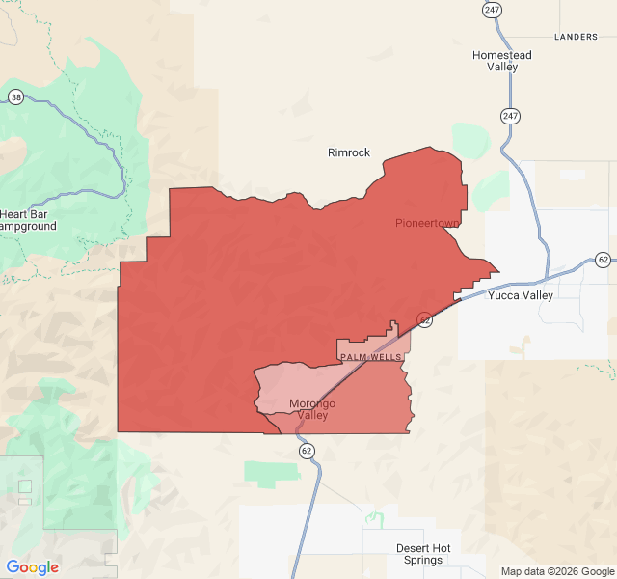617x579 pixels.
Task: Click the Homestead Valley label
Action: coord(501,61)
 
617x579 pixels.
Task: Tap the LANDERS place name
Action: coord(577,37)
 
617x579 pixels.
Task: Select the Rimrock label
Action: coord(349,152)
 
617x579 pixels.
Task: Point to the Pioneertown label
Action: coord(427,223)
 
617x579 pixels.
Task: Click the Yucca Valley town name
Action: coord(521,295)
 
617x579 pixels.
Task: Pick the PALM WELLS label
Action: coord(370,357)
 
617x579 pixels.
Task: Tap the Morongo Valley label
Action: coord(312,409)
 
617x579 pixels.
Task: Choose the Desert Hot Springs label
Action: coord(423,554)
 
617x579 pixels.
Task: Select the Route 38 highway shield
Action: coord(15,97)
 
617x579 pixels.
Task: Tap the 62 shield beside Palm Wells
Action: coord(424,318)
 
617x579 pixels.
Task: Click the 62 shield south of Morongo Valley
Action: coord(307,451)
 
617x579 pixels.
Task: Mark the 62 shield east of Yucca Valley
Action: coord(603,260)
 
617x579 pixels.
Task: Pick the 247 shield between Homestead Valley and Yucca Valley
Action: coord(509,116)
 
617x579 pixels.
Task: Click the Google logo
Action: coord(33,567)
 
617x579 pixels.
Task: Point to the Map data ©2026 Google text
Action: coord(556,570)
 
